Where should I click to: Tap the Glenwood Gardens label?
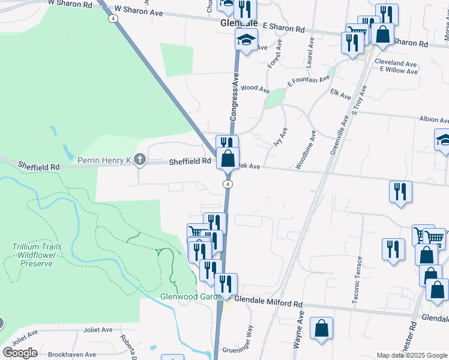[x=187, y=296]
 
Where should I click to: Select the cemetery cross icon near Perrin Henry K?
[x=140, y=160]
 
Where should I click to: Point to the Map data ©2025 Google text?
[x=412, y=355]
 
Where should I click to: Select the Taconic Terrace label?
[x=358, y=280]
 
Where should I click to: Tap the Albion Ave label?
[x=434, y=120]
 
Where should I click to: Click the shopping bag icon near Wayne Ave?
[x=322, y=329]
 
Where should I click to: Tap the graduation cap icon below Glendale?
[x=246, y=41]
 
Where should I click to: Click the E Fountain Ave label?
[x=309, y=81]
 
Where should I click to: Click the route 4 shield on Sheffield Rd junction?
[x=228, y=183]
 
